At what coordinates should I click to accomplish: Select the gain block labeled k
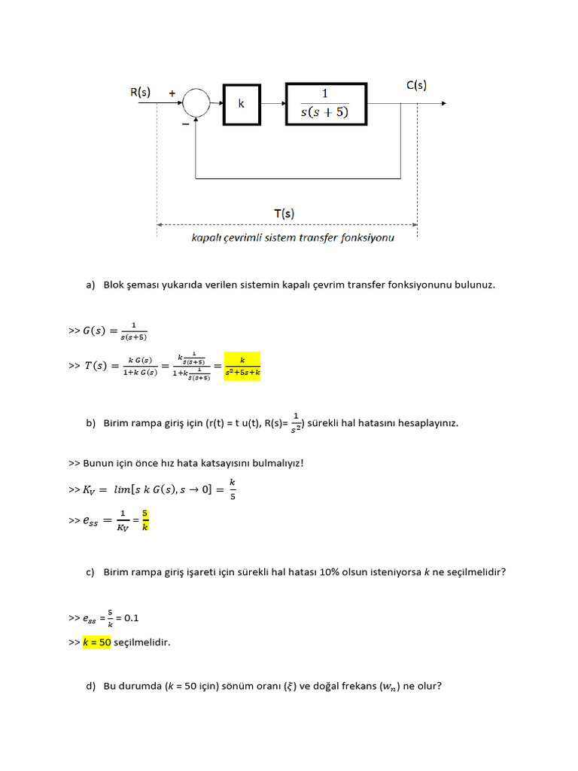pos(242,104)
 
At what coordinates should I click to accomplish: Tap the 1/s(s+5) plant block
pos(326,104)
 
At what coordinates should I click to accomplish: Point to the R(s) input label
pos(140,93)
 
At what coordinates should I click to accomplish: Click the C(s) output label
pos(416,85)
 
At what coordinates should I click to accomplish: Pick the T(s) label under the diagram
pos(284,214)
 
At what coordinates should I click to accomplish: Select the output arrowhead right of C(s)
pos(446,103)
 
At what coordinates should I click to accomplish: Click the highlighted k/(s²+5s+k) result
pos(243,366)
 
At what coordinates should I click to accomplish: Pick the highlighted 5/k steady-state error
pos(146,520)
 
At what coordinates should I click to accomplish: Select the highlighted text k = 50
pos(97,642)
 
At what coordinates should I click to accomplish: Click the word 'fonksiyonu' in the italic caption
pos(370,238)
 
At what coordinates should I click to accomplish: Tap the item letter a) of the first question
pos(91,285)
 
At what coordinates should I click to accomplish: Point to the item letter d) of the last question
pos(91,686)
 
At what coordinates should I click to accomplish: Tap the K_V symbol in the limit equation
pos(91,490)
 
